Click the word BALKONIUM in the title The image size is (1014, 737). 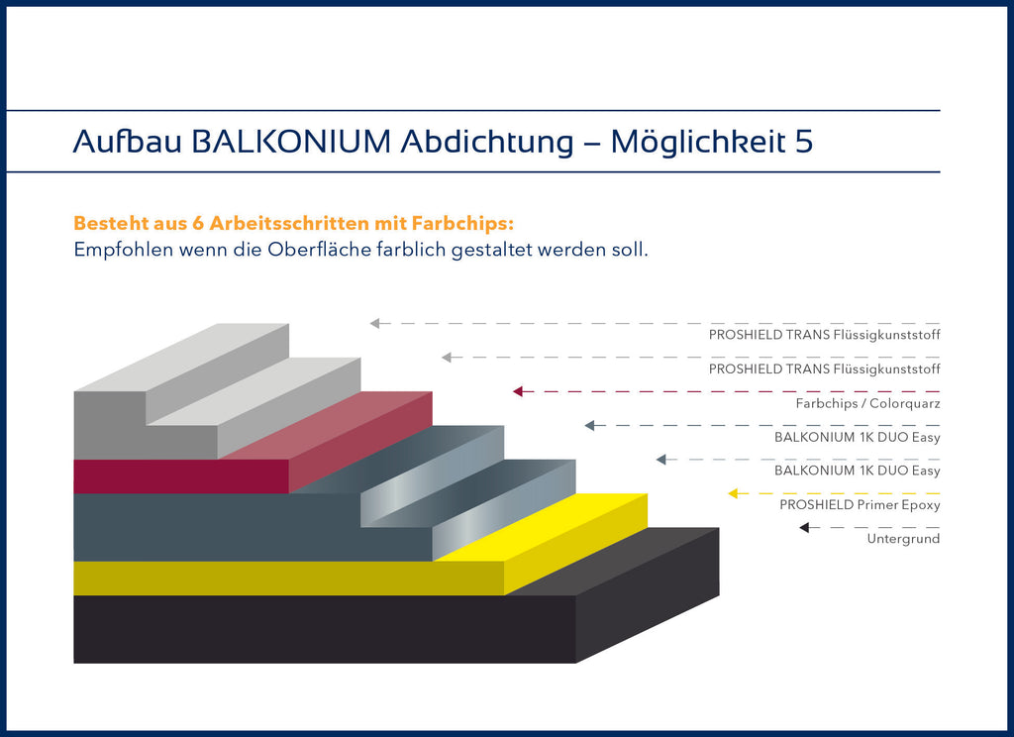292,142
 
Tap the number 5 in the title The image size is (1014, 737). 804,142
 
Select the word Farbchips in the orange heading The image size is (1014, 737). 462,223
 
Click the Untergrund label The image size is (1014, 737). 903,538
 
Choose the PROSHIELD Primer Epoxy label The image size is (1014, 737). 860,504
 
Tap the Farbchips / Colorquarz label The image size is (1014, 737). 867,403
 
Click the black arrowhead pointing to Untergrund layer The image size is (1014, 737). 804,527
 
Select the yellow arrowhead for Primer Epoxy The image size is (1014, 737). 733,493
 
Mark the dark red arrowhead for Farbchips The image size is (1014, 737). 517,391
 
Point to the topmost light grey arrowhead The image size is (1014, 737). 374,324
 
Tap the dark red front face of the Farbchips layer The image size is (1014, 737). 181,476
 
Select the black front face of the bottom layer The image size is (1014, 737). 325,629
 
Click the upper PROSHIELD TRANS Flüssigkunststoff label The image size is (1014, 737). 825,335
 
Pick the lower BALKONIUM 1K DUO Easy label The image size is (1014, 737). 858,471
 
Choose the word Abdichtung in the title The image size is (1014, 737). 487,142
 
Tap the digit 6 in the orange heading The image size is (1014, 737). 198,223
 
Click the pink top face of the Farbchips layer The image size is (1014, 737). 327,425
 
